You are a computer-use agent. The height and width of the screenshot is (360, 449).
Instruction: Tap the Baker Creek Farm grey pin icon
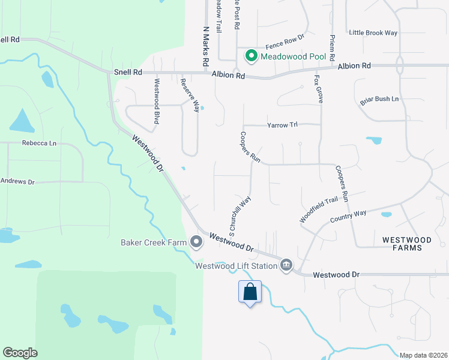196,242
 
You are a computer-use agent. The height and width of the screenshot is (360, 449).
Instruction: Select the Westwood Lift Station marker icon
286,265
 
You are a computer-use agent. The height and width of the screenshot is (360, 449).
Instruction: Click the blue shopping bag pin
250,293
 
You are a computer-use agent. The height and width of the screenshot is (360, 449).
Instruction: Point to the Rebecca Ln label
39,143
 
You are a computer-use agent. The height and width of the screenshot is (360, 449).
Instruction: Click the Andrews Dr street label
18,181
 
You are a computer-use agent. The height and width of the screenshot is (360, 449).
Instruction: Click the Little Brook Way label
373,32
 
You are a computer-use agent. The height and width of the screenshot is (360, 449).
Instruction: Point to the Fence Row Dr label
285,41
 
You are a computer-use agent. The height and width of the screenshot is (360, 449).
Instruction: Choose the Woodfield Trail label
319,211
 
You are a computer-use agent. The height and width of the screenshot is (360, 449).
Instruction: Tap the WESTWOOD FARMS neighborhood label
406,243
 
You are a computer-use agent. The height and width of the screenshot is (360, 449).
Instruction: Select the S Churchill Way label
239,214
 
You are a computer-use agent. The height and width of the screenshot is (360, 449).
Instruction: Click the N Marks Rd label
205,45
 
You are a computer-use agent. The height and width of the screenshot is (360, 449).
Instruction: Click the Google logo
20,353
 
